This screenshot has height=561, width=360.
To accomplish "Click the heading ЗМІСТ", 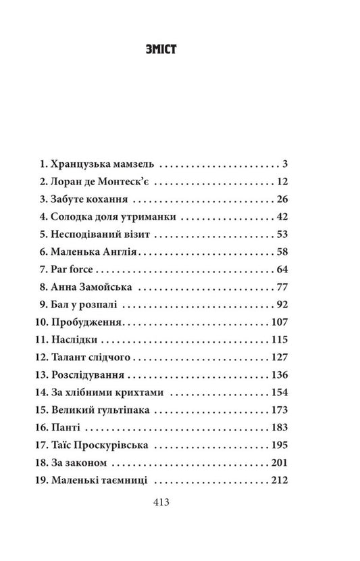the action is pyautogui.click(x=180, y=49).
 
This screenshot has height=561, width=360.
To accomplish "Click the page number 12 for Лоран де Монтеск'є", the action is pyautogui.click(x=282, y=182).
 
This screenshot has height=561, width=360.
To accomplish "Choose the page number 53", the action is pyautogui.click(x=282, y=235).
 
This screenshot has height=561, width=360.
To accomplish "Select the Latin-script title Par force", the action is pyautogui.click(x=80, y=270).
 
